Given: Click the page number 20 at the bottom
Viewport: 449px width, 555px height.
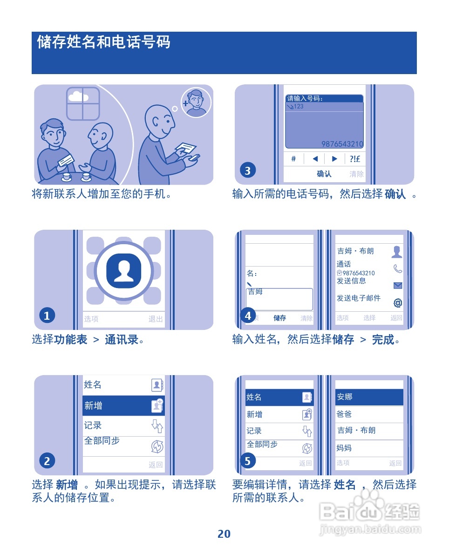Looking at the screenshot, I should click(x=224, y=534).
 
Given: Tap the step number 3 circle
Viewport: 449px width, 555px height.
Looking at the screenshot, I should click(x=247, y=171).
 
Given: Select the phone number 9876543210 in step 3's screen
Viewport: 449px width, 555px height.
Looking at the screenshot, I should click(x=342, y=144).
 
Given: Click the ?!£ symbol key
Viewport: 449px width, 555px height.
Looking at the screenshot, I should click(x=355, y=159).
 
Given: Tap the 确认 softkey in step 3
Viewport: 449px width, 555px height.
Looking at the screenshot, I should click(x=324, y=174).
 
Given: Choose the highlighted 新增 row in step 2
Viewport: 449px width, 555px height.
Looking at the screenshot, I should click(x=123, y=406).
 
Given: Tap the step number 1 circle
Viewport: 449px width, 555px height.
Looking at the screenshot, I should click(x=47, y=316).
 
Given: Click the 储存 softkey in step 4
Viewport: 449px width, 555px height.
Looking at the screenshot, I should click(x=280, y=318).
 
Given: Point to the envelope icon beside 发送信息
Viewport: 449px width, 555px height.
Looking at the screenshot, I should click(x=397, y=286).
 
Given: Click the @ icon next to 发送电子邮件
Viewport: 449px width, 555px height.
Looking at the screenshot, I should click(x=397, y=303).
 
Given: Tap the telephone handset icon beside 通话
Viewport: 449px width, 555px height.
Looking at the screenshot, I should click(x=397, y=269).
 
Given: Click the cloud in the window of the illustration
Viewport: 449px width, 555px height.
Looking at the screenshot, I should click(x=78, y=96).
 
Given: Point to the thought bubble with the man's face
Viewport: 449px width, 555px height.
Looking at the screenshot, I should click(x=196, y=102).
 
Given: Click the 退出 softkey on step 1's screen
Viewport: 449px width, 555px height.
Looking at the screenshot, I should click(x=156, y=319).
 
